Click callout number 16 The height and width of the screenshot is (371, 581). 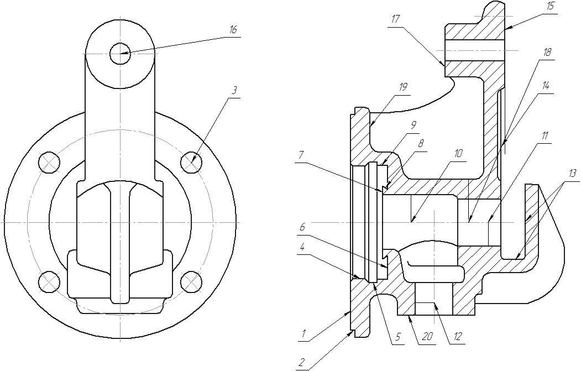(233, 30)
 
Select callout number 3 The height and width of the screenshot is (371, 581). (234, 91)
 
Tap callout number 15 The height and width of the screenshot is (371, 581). (549, 7)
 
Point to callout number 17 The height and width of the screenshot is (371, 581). (396, 19)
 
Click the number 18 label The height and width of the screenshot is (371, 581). (547, 53)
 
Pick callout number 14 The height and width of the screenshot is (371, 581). (545, 86)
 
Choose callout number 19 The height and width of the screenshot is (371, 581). (403, 87)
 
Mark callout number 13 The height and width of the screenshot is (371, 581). (573, 173)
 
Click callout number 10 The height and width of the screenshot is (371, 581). (458, 154)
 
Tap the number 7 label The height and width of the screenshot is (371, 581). (300, 155)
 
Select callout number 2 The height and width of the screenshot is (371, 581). (301, 362)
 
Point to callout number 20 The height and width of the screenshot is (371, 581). (427, 336)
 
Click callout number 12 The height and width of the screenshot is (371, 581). (458, 336)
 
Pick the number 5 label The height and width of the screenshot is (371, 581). (397, 337)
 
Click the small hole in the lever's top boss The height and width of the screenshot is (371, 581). (121, 54)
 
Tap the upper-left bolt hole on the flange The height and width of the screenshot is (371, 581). (49, 163)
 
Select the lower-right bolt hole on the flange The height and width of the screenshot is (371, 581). (192, 281)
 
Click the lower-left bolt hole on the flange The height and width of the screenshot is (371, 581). (49, 281)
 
